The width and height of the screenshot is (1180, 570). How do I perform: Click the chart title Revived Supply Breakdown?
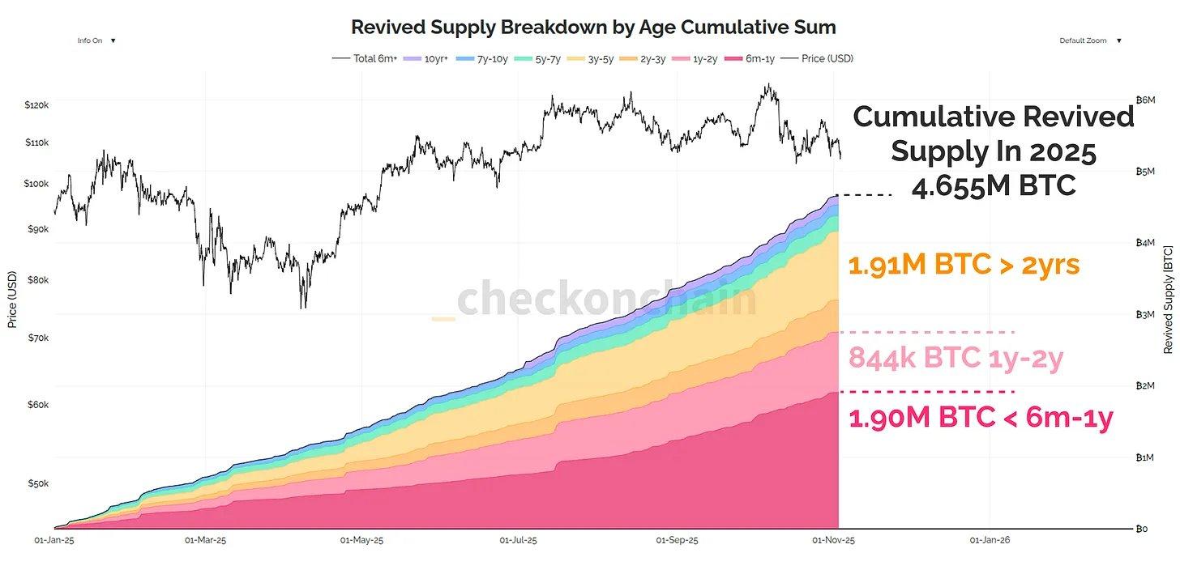click(x=592, y=27)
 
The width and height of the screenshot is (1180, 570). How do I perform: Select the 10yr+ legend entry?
click(x=437, y=58)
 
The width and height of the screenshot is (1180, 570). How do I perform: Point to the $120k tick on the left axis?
click(x=37, y=105)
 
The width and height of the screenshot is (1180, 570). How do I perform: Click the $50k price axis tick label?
click(x=37, y=484)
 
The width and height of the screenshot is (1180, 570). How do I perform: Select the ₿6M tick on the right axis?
click(x=1144, y=100)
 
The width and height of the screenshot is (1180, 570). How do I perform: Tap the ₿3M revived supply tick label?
click(x=1144, y=314)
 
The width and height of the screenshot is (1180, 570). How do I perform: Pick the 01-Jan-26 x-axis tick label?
click(x=990, y=540)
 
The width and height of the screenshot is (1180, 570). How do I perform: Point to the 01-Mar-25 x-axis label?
click(x=206, y=540)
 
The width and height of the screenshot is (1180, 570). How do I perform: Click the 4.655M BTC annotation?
click(x=994, y=186)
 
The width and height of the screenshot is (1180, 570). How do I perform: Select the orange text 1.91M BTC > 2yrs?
click(x=964, y=265)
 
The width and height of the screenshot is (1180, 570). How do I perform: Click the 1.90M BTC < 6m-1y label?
click(x=981, y=418)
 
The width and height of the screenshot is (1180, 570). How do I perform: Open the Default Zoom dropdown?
click(x=1090, y=40)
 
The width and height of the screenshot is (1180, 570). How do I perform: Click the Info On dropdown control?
click(x=96, y=40)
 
